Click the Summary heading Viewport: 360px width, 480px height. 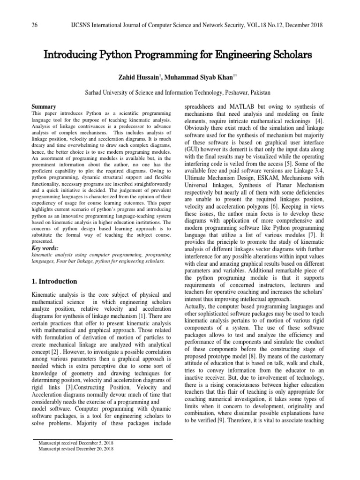point(44,107)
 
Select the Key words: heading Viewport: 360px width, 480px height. point(45,248)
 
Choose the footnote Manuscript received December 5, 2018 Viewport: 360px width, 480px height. point(73,443)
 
